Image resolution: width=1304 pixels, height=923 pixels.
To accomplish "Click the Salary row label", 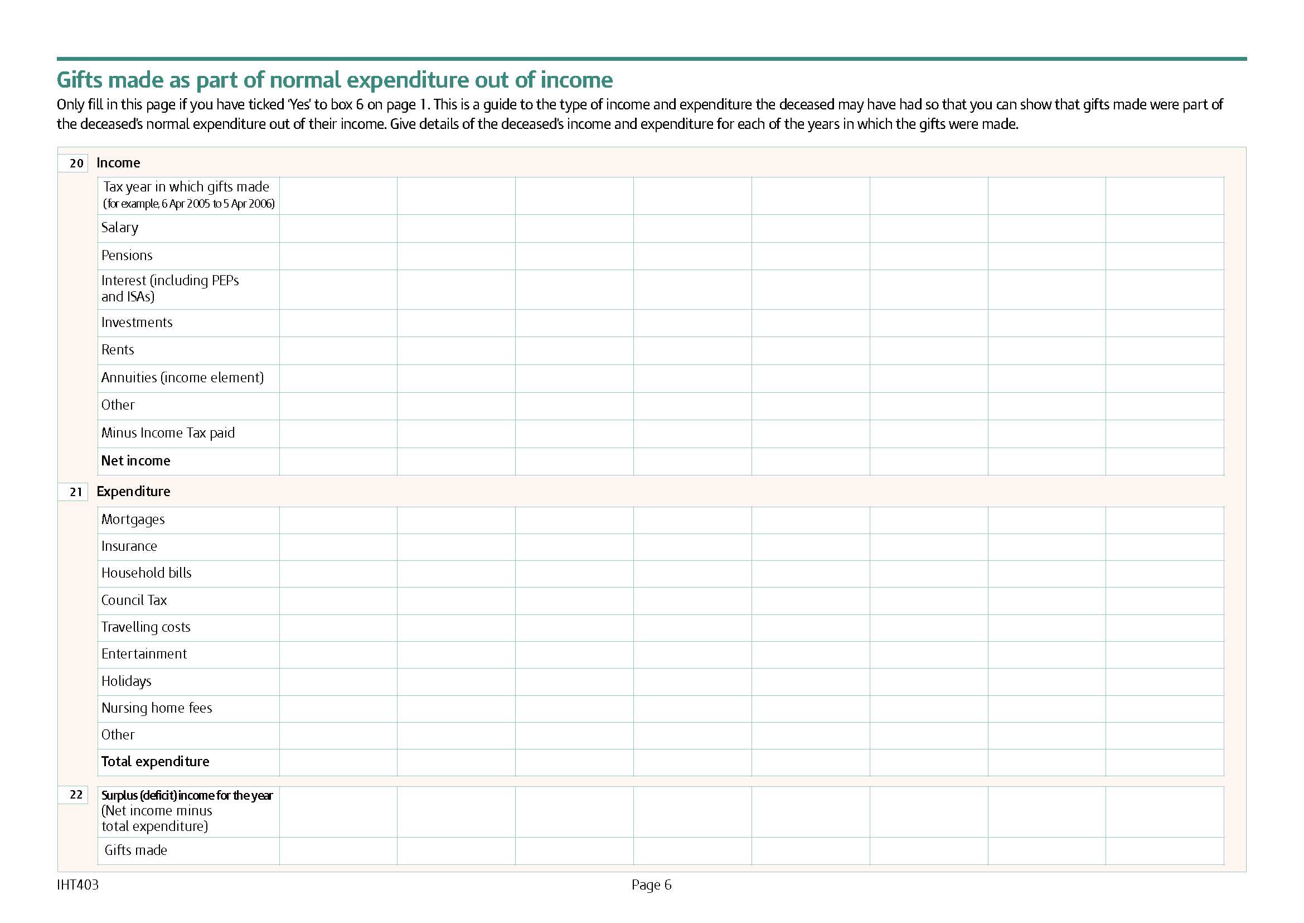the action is pos(120,228).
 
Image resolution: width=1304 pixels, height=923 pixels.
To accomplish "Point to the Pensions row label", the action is pos(127,256).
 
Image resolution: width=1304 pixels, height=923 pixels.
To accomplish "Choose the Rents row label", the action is pos(118,350).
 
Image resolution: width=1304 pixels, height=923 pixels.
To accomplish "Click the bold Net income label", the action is pos(135,461).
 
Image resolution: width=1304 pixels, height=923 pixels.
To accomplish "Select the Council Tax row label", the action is pos(134,601).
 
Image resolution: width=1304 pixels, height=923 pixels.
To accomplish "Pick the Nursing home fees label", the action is pos(157,708).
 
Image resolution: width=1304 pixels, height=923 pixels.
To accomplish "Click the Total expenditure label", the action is pos(155,762).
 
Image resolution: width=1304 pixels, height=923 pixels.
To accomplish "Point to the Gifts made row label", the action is pos(135,850).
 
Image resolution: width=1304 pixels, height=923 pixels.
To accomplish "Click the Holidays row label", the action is pos(126,681).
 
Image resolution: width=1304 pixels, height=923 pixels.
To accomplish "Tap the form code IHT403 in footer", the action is pos(78,885).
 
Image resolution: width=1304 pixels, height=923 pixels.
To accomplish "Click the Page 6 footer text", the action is pos(651,885).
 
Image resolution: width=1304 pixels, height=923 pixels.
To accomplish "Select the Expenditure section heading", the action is pos(133,492).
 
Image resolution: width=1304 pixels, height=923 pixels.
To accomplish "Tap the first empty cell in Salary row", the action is pos(338,228).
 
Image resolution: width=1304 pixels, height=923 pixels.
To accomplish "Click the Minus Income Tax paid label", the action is pos(168,433).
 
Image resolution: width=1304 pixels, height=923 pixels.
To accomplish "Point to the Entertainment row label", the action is pos(144,654).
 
